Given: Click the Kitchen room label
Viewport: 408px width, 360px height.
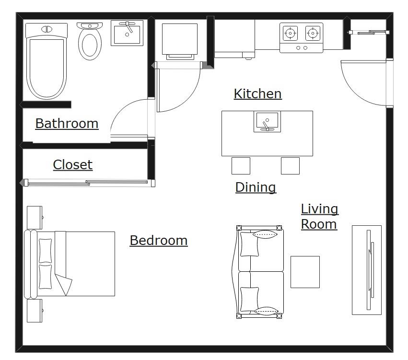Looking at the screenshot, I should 257,93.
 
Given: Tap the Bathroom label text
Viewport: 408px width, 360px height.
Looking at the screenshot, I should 67,124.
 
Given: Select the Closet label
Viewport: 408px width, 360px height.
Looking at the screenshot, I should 72,165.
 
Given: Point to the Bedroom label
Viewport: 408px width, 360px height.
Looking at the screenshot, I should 158,240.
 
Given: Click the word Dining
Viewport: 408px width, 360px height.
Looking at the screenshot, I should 256,187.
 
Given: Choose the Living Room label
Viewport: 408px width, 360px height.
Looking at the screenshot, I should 319,217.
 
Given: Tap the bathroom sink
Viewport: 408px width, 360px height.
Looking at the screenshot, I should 127,33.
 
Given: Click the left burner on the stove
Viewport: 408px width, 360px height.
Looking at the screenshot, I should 290,33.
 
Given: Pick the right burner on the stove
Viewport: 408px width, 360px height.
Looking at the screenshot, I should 313,33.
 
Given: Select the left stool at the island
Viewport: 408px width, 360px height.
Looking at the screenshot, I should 241,166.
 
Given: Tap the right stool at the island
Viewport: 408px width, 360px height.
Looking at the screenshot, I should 290,166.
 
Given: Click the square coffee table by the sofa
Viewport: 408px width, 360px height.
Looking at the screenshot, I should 305,272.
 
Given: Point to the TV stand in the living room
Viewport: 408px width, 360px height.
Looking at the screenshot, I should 367,270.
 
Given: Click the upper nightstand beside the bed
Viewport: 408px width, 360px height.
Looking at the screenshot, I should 35,217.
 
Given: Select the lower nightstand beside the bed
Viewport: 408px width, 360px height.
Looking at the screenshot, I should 35,311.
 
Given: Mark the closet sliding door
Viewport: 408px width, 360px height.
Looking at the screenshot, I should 87,183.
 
